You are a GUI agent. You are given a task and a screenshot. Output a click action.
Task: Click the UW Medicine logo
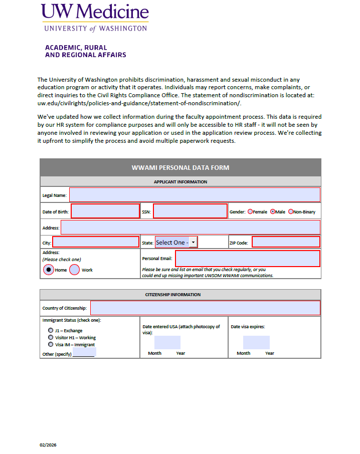pos(95,18)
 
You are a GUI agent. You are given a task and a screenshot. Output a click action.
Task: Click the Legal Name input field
pos(195,195)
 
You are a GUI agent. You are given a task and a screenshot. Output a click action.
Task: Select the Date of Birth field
pos(105,211)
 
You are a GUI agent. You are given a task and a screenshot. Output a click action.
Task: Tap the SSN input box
pos(190,211)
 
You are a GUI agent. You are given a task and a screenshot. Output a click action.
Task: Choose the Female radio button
pos(250,212)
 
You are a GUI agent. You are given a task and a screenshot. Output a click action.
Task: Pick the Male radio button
pos(273,212)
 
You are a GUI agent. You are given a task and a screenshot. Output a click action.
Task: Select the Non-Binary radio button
pos(291,212)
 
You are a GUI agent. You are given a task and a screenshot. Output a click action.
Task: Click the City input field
pos(96,243)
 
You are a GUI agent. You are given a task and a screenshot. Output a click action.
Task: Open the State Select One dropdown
pos(176,243)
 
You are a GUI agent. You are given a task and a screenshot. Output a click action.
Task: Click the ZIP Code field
pos(286,243)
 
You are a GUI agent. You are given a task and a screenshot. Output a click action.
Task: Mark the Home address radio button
pos(48,270)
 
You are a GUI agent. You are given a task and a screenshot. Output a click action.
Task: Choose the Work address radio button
pos(74,270)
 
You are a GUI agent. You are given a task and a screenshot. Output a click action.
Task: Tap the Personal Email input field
pos(247,259)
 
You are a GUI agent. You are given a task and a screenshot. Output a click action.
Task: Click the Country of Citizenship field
pos(205,308)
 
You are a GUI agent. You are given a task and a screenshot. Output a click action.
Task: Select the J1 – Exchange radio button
pos(51,331)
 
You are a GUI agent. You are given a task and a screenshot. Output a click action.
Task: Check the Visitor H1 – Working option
pos(51,338)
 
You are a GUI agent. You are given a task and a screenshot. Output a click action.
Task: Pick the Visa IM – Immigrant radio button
pos(51,345)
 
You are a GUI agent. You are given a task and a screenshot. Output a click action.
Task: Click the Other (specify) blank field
pos(84,353)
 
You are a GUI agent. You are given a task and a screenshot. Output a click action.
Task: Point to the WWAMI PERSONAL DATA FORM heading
pos(181,168)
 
